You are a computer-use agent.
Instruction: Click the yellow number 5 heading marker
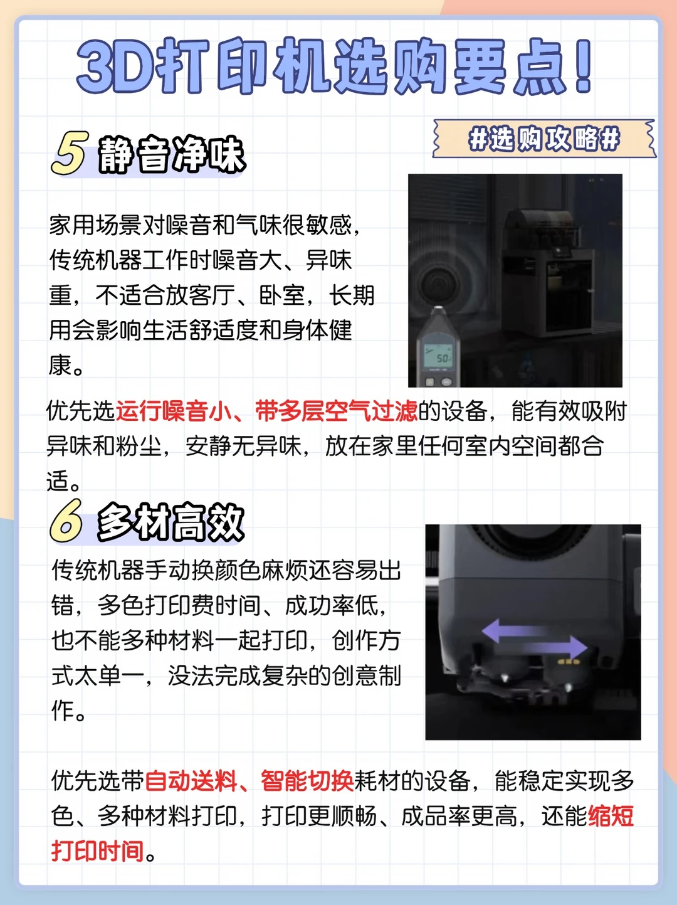coord(69,153)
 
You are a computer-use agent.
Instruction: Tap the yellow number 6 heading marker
coord(66,521)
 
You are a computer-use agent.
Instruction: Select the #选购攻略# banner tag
coord(544,139)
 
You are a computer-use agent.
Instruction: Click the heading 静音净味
coord(171,154)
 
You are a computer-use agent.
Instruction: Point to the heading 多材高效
coord(171,522)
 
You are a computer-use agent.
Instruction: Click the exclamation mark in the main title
coord(584,66)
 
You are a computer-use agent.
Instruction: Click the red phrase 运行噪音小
coord(174,411)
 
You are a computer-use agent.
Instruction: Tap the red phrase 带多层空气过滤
coord(336,411)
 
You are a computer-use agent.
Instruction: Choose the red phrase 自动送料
coord(191,781)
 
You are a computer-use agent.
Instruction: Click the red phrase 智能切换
coord(307,781)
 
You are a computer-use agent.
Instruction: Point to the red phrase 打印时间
coord(98,850)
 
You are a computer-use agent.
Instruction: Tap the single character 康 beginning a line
coord(60,365)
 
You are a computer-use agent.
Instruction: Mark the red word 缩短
coord(611,816)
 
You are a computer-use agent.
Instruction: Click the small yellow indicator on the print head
coord(569,662)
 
